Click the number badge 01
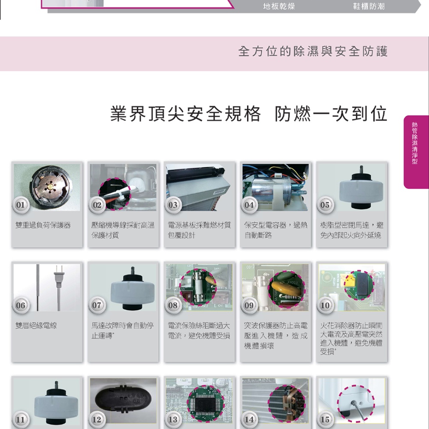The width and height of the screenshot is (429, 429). (21, 205)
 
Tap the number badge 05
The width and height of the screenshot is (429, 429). (325, 205)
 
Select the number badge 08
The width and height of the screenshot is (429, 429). (173, 305)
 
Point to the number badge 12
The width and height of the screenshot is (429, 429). (97, 419)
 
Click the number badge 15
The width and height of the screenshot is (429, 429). (325, 419)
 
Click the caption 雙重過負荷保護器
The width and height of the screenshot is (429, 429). (43, 225)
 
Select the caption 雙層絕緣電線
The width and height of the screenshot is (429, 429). (36, 325)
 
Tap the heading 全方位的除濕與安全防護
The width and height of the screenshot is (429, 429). (313, 51)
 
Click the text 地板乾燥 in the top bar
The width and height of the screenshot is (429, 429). (279, 6)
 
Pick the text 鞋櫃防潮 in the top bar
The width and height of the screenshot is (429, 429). (369, 6)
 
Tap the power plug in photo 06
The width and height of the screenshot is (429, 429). (58, 276)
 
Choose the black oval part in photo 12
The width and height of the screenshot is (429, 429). (123, 400)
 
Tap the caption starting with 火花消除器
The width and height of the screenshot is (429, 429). (351, 338)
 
